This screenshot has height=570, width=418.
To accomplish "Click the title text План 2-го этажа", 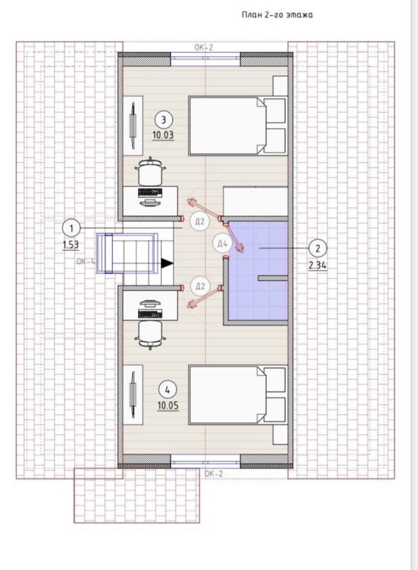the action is (x=277, y=15).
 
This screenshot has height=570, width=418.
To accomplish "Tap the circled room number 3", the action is (x=164, y=120).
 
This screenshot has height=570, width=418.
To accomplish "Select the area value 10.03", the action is (x=163, y=135).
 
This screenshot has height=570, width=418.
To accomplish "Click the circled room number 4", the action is (x=167, y=389).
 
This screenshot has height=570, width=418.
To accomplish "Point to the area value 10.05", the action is (x=168, y=406).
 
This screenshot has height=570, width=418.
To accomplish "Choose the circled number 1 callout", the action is (x=71, y=228).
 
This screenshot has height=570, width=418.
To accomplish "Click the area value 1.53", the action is (x=70, y=245).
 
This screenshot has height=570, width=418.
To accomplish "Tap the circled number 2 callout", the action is (x=318, y=248).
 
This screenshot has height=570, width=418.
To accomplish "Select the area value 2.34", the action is (x=317, y=266).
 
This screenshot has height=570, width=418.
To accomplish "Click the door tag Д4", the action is (x=222, y=244).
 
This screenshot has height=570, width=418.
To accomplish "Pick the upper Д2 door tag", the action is (x=200, y=222).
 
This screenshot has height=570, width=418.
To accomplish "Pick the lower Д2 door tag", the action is (x=200, y=287).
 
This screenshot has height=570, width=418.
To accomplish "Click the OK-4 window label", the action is (x=86, y=261).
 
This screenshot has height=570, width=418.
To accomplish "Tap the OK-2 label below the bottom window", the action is (x=214, y=474).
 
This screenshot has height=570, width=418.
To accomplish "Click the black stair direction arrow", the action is (x=167, y=263).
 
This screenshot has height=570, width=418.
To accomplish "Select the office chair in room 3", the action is (x=150, y=171).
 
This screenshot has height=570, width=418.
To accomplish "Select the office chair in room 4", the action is (x=150, y=335).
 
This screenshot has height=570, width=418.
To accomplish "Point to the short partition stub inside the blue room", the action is (x=272, y=278).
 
